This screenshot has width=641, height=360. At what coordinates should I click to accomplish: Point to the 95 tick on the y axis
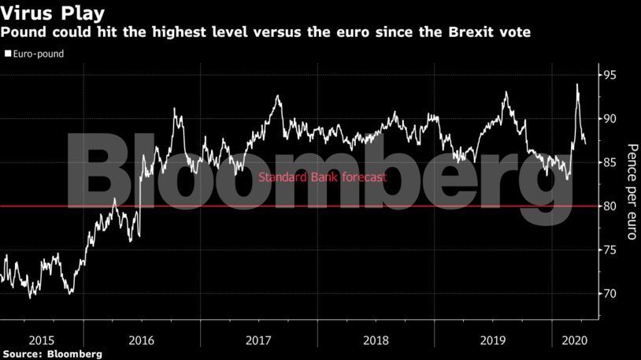click(610, 76)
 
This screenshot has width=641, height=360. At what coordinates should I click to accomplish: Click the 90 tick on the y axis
click(610, 119)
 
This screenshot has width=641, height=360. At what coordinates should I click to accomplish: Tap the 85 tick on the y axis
click(610, 163)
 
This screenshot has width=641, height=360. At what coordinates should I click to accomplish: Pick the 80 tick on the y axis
click(610, 206)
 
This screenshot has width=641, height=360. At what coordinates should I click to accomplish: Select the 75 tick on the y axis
click(610, 251)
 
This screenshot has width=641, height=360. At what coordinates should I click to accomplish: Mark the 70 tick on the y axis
click(610, 294)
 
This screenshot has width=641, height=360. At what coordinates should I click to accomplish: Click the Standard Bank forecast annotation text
click(322, 177)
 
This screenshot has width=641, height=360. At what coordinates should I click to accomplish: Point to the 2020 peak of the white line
click(577, 84)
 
